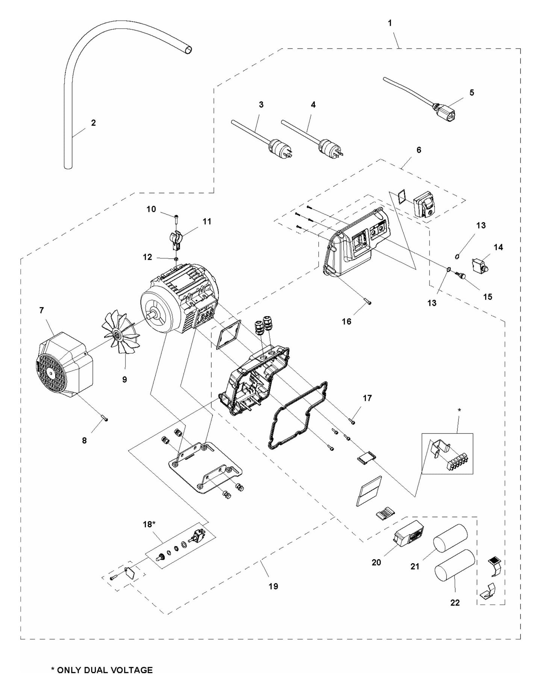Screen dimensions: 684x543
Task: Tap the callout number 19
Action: (x=273, y=586)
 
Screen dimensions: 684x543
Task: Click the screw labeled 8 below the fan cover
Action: (x=105, y=419)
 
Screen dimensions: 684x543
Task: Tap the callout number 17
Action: (x=367, y=398)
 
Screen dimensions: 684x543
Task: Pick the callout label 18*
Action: (x=149, y=524)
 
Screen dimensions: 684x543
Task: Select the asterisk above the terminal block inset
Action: (x=459, y=410)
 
